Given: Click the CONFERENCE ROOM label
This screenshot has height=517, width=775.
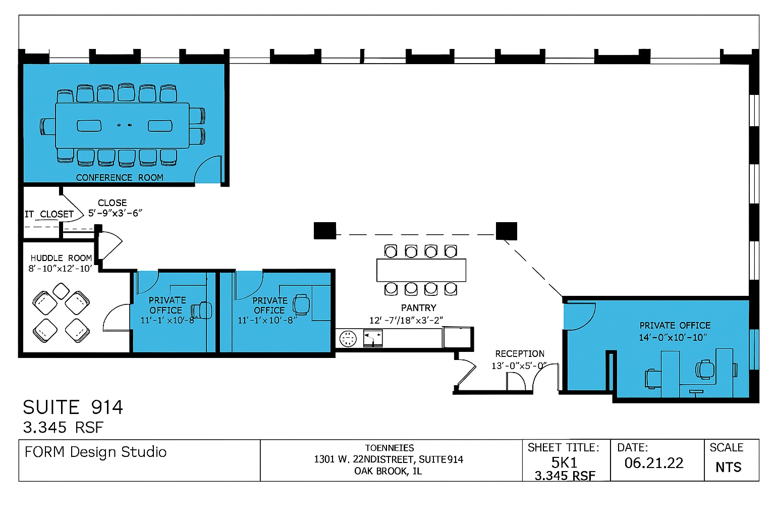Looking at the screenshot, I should point(120,178).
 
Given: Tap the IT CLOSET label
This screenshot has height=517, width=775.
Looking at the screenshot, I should point(49,214).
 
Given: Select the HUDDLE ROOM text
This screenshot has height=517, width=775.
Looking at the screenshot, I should point(61,258).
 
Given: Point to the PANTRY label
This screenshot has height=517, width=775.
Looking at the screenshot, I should point(418,308).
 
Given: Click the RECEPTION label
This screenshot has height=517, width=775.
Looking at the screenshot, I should point(520,354).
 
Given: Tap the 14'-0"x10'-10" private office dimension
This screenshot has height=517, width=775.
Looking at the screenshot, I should point(673,337).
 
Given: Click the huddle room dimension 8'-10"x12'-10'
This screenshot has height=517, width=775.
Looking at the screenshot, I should point(61,269).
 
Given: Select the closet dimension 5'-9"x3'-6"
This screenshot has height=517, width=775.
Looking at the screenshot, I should point(115,213).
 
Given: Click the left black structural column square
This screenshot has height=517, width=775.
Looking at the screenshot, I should point(325,231).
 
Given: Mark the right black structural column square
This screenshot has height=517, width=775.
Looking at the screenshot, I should point(507,231).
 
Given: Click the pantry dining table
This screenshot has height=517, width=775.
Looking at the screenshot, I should point(421,270).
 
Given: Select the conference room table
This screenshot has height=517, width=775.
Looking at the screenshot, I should point(123,125).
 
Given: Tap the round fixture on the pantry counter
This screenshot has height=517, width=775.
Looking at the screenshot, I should point(348,338).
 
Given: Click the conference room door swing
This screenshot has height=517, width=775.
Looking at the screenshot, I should point(209,171).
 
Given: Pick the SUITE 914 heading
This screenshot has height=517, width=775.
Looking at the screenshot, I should point(73,407).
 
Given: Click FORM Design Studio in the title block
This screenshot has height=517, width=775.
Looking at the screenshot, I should point(95,452).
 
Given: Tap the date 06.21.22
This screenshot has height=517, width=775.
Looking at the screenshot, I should point(654,463).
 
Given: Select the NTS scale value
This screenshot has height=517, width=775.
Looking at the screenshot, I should point(728,467).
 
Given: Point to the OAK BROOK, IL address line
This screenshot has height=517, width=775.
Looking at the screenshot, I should point(388,471).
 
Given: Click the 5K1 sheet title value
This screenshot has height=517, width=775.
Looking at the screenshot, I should point(564,462).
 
